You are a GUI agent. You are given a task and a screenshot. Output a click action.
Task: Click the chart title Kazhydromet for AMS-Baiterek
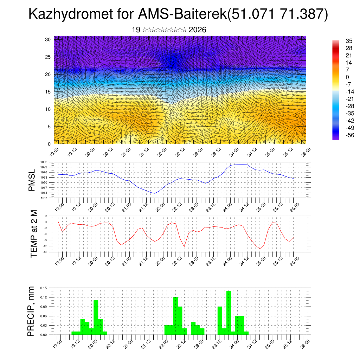pyautogui.click(x=178, y=14)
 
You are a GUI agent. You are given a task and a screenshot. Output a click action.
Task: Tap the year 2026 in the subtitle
pyautogui.click(x=197, y=30)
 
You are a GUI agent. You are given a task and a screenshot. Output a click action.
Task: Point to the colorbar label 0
pyautogui.click(x=347, y=77)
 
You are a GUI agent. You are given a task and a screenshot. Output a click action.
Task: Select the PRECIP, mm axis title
pyautogui.click(x=32, y=311)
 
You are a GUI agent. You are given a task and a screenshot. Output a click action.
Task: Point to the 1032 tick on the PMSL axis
pyautogui.click(x=48, y=162)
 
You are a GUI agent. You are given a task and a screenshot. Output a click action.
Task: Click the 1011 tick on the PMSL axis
pyautogui.click(x=48, y=198)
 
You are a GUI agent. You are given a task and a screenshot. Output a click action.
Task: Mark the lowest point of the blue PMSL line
pyautogui.click(x=154, y=193)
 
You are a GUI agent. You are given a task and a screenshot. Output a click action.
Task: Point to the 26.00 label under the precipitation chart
pyautogui.click(x=304, y=344)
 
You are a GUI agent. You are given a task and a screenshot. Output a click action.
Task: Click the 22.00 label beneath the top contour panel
pyautogui.click(x=160, y=153)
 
